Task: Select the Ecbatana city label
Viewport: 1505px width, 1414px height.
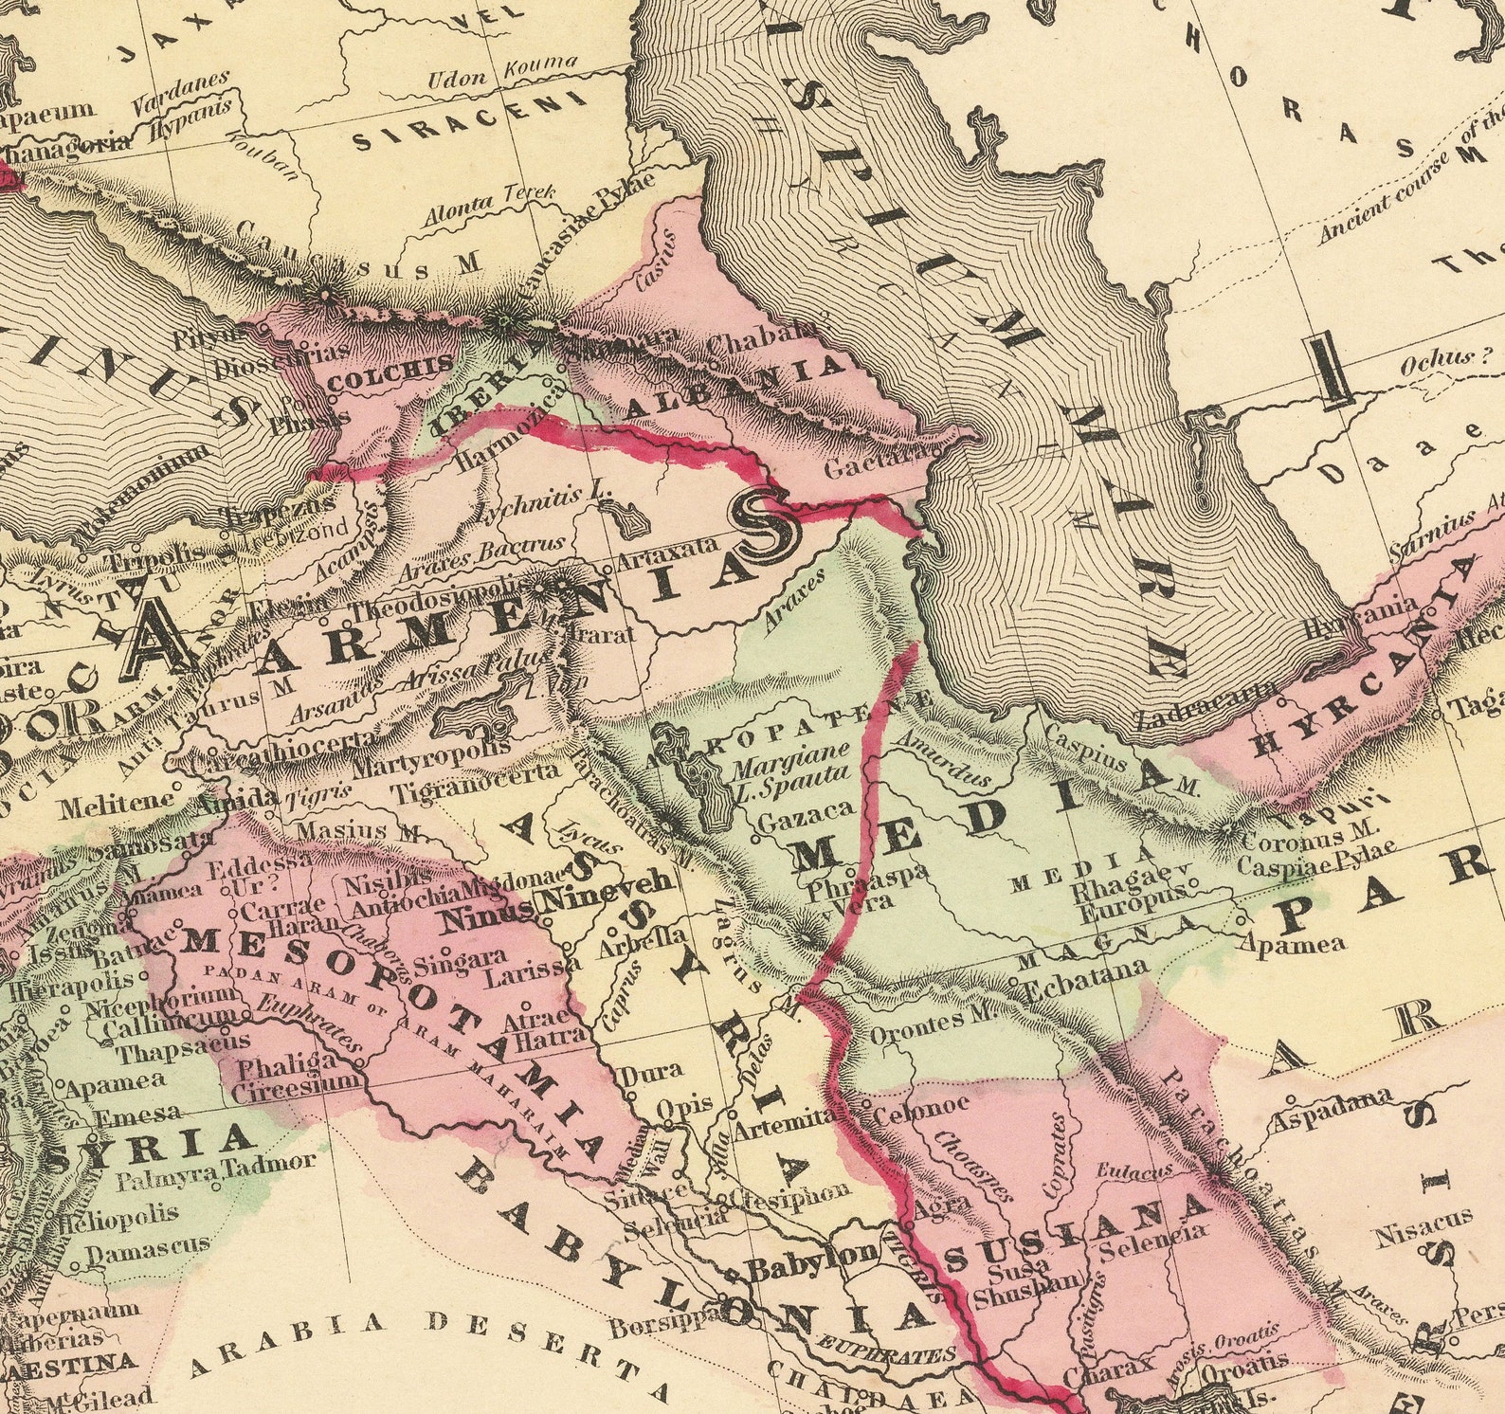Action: (1086, 978)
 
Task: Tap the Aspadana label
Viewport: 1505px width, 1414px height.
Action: (1332, 1109)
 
